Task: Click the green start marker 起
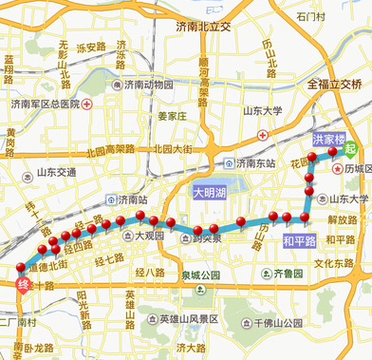pyautogui.click(x=351, y=147)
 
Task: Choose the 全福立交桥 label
pyautogui.click(x=335, y=84)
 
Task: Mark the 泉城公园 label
pyautogui.click(x=199, y=275)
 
